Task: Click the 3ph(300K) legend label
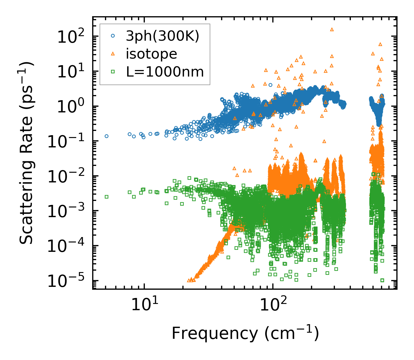[x=162, y=36]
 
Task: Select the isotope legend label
[x=151, y=54]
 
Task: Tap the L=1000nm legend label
[x=165, y=72]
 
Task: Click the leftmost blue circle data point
[x=107, y=136]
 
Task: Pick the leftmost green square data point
[x=107, y=197]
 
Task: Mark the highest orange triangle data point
[x=332, y=29]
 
